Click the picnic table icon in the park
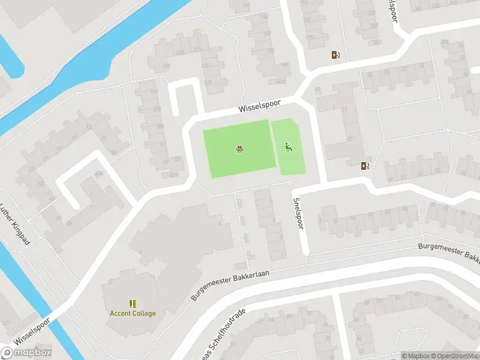click(x=239, y=149)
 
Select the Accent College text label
click(x=132, y=313)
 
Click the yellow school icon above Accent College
click(x=132, y=304)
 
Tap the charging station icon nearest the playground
click(x=364, y=166)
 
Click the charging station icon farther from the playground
click(x=335, y=55)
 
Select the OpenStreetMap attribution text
click(x=455, y=356)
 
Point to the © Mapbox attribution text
click(x=416, y=356)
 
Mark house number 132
click(x=208, y=83)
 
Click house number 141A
click(x=281, y=81)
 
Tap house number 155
click(x=270, y=50)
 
